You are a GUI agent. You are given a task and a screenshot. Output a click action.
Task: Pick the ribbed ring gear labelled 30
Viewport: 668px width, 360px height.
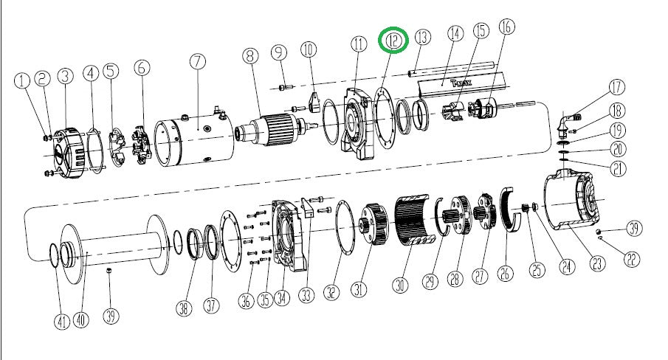(x=413, y=221)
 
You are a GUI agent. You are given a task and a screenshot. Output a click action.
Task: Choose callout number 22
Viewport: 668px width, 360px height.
(x=631, y=259)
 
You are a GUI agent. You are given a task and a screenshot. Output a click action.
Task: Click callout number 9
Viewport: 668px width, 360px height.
(x=278, y=53)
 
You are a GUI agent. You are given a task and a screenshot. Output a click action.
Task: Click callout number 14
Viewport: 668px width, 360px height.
(x=455, y=34)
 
